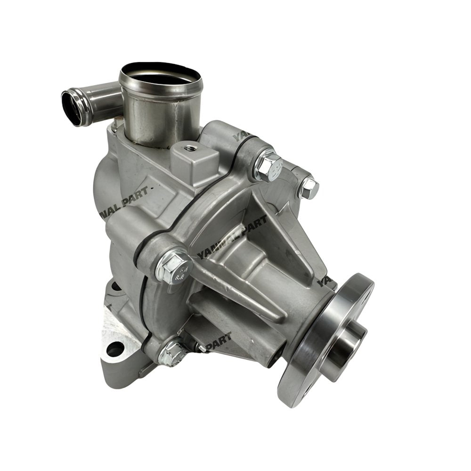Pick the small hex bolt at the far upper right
[309, 188]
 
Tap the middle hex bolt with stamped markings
[174, 268]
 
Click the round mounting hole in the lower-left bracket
[115, 349]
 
